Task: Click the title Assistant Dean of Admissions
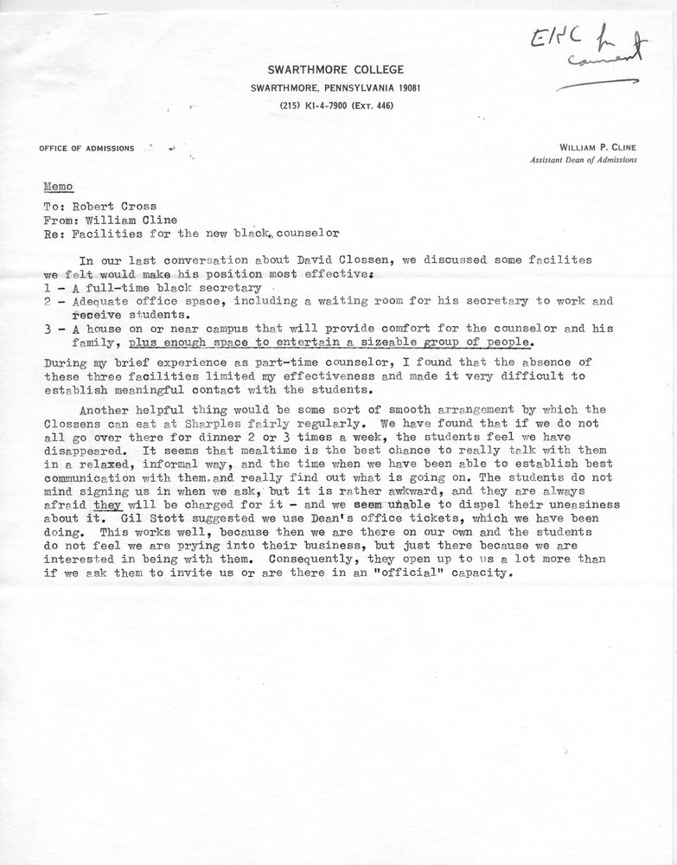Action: [584, 161]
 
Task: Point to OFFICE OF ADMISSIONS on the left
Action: [86, 149]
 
